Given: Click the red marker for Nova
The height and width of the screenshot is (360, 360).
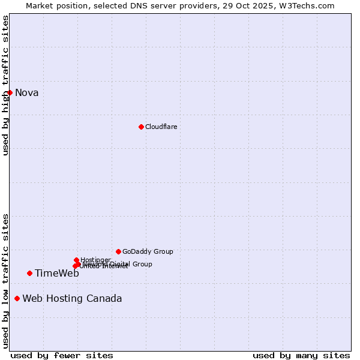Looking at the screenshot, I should point(10,92).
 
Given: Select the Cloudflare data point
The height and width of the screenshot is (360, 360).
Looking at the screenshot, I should point(141,127).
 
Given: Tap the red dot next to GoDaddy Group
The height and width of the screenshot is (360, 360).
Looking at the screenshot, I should point(118,251).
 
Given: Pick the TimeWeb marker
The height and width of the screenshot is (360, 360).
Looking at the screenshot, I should point(29,273).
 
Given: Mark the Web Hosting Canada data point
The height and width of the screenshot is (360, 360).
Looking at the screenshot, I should point(17,298).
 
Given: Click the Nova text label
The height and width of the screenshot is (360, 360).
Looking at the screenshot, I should point(27,92).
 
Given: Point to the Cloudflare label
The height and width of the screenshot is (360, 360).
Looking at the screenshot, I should point(161,127).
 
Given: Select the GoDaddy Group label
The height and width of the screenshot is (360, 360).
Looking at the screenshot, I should point(148,251).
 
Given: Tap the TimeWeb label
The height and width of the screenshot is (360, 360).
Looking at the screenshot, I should point(57,274).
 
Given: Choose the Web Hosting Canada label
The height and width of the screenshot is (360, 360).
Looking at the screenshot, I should point(72,299).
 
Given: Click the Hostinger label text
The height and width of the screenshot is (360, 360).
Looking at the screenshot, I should point(95,260).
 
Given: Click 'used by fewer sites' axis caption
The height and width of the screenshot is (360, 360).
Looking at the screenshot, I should point(62,355).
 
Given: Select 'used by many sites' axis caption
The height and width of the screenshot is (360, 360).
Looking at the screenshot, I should point(301,355).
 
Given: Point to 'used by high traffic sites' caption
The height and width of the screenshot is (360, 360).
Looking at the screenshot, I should point(5,85).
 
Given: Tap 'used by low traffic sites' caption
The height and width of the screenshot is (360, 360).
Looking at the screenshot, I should point(5,281).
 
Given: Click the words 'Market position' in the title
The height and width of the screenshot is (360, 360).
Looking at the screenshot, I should point(54,5).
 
